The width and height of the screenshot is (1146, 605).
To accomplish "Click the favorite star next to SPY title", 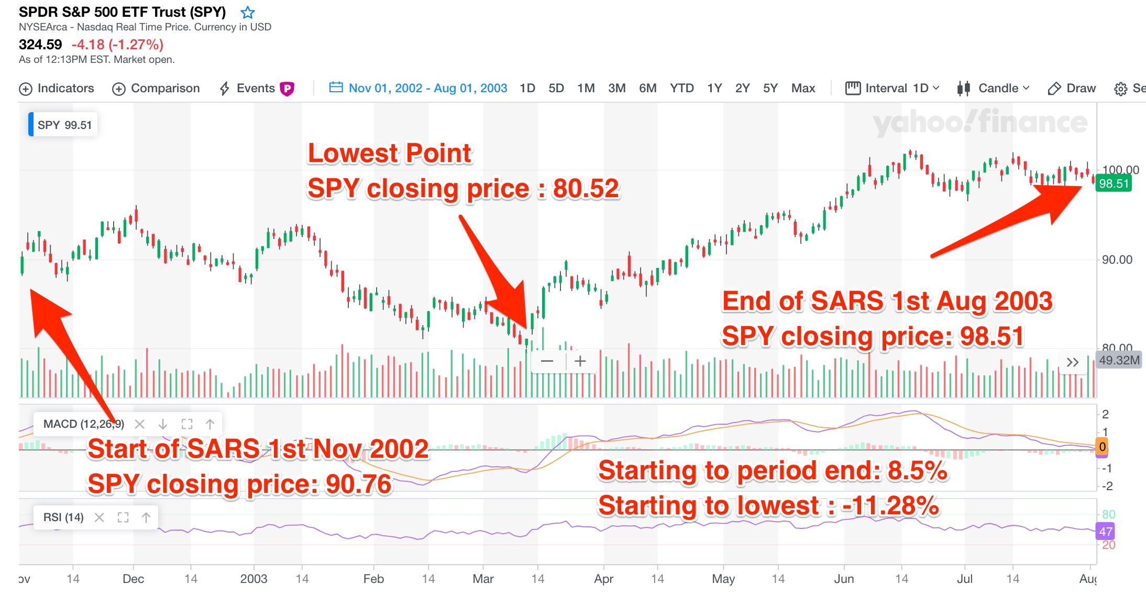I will pyautogui.click(x=248, y=12).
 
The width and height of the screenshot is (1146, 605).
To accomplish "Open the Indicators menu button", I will pyautogui.click(x=57, y=88).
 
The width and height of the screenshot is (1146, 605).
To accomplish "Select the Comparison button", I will pyautogui.click(x=156, y=88).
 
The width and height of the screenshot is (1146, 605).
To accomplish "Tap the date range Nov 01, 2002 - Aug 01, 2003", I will pyautogui.click(x=418, y=88).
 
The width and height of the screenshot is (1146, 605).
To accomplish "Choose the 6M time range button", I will pyautogui.click(x=647, y=88).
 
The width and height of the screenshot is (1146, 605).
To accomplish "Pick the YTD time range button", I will pyautogui.click(x=681, y=88).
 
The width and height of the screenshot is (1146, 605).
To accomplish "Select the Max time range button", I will pyautogui.click(x=803, y=88).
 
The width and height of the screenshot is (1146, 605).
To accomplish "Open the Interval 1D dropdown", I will pyautogui.click(x=892, y=88).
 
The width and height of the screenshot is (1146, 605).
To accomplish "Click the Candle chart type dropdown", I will pyautogui.click(x=993, y=88).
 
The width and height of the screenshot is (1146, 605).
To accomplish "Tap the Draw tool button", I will pyautogui.click(x=1072, y=88).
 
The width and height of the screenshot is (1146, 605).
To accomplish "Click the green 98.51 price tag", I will pyautogui.click(x=1114, y=183).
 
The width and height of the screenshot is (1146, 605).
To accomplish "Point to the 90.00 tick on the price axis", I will pyautogui.click(x=1117, y=260).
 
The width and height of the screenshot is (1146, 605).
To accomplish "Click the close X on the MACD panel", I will pyautogui.click(x=139, y=424).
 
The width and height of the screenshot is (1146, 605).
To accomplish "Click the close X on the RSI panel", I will pyautogui.click(x=99, y=517).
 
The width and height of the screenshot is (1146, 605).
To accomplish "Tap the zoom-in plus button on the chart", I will pyautogui.click(x=580, y=361).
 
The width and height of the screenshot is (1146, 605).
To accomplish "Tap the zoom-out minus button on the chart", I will pyautogui.click(x=547, y=361).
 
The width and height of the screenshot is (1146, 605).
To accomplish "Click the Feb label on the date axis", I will pyautogui.click(x=373, y=579).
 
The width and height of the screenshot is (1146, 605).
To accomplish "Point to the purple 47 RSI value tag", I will pyautogui.click(x=1106, y=532).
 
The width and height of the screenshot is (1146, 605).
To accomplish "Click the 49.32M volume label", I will pyautogui.click(x=1119, y=360).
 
